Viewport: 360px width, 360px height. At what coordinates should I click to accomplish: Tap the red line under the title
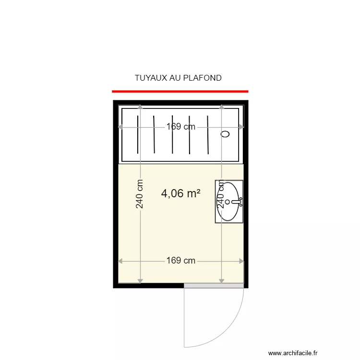point(180,91)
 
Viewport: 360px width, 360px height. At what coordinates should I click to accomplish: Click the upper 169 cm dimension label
point(181,127)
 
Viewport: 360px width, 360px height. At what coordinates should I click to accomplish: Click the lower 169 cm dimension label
point(181,261)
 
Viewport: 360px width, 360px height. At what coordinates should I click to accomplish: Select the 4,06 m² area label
point(180,193)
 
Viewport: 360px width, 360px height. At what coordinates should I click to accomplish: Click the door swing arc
point(230,331)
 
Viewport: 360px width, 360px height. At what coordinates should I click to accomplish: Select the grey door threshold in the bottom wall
point(215,286)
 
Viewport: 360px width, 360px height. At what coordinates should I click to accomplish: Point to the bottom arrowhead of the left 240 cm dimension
point(140,280)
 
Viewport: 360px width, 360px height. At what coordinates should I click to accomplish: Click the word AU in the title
point(175,78)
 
